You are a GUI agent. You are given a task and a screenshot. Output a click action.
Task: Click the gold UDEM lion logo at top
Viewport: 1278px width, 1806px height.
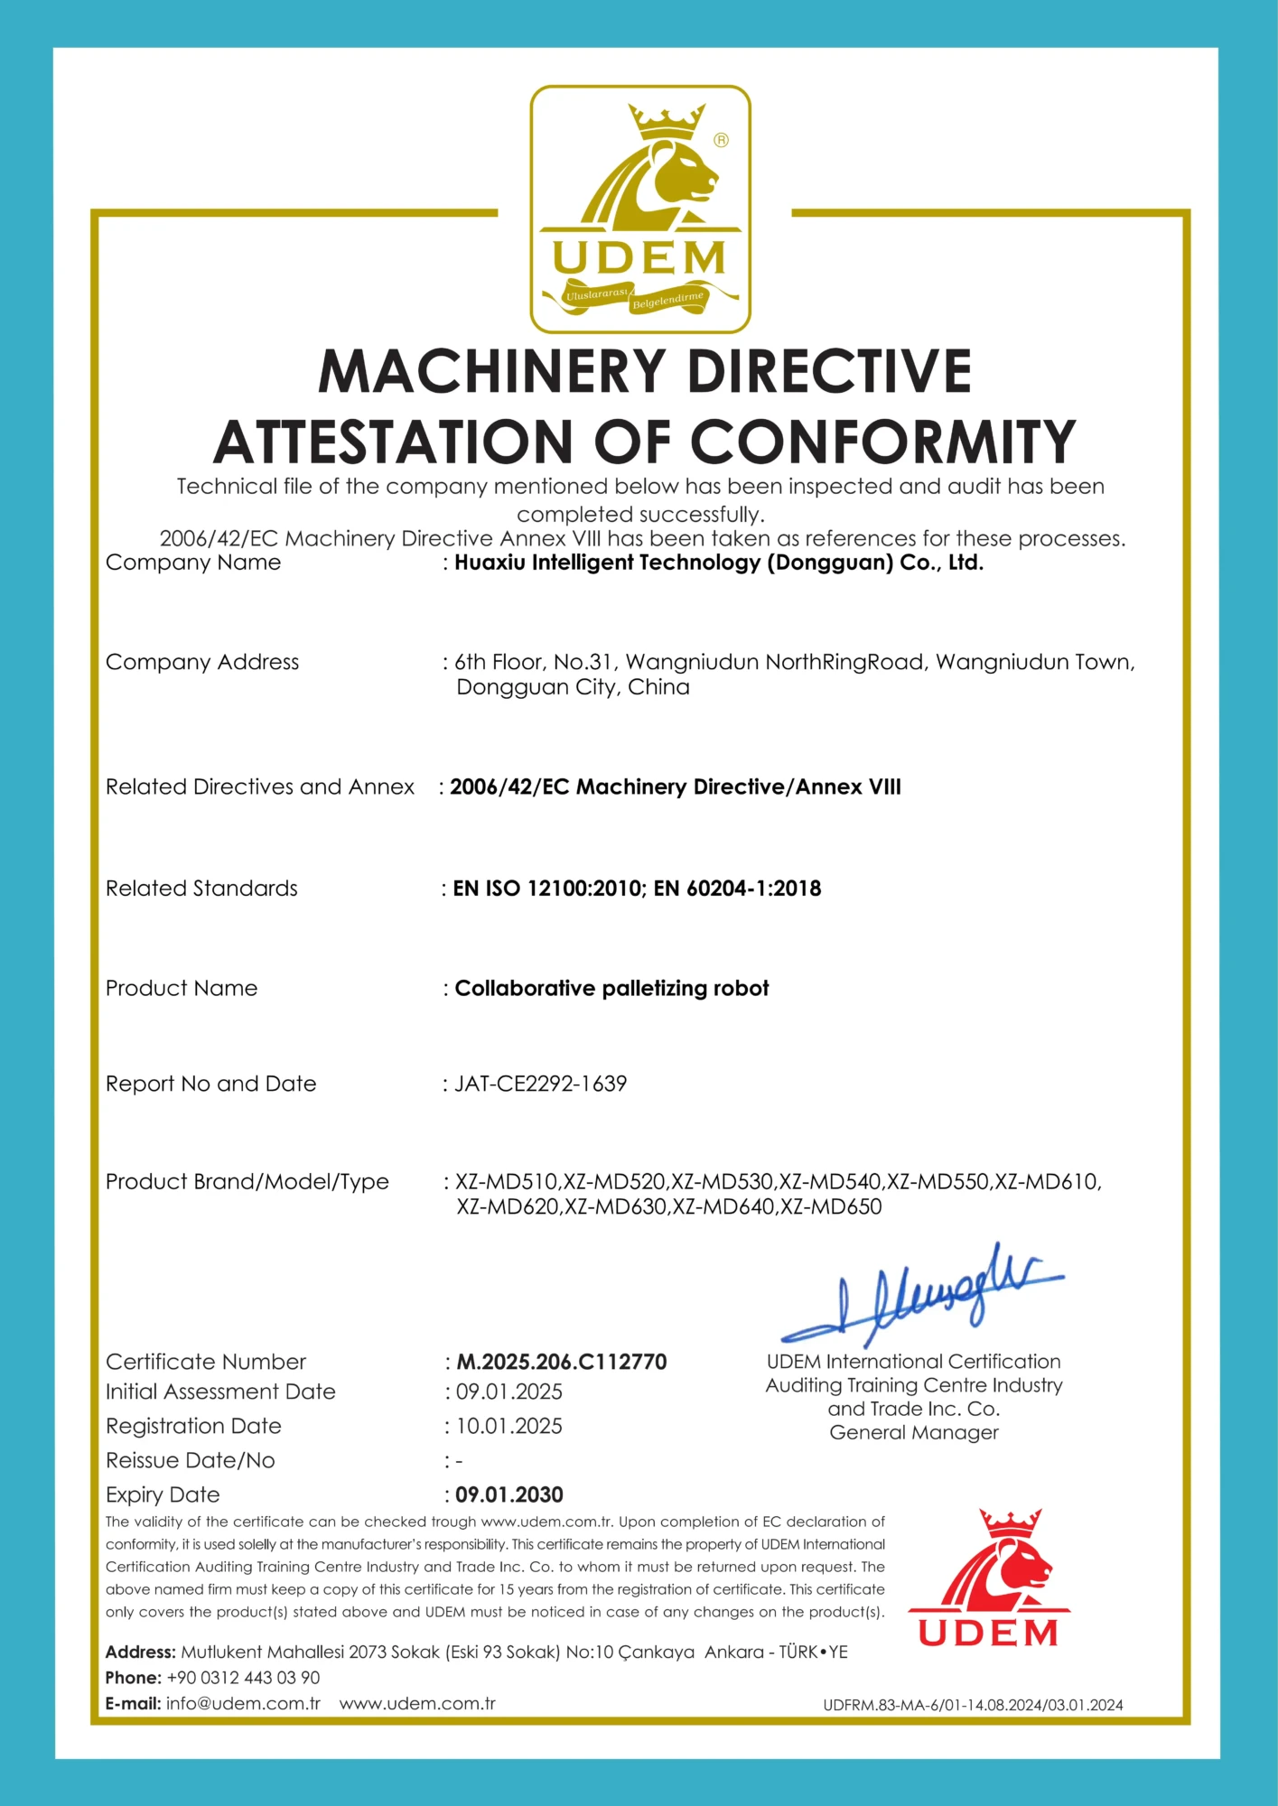coord(639,209)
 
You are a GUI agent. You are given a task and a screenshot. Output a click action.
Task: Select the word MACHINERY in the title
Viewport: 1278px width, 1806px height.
coord(491,372)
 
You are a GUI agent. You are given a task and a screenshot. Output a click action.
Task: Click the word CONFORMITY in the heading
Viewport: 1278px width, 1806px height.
coord(882,442)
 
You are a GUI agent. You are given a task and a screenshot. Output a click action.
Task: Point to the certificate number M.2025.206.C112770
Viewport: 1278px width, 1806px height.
coord(561,1362)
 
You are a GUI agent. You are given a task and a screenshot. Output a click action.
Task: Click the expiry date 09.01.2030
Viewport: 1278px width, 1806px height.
coord(509,1494)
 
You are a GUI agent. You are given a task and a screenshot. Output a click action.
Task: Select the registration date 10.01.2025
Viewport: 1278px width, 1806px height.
coord(509,1426)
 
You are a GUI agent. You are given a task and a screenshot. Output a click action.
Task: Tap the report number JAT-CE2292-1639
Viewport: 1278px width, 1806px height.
coord(540,1084)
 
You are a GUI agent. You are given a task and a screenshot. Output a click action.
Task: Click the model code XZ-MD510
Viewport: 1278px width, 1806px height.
coord(507,1181)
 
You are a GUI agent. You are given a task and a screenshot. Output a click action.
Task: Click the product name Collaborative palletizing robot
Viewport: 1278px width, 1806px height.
coord(611,988)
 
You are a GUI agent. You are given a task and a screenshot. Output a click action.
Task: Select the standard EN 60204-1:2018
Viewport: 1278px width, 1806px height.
coord(737,889)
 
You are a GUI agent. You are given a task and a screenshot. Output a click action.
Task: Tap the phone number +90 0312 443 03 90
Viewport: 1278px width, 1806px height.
coord(243,1678)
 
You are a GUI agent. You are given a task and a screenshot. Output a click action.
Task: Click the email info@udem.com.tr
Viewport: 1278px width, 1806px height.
coord(243,1704)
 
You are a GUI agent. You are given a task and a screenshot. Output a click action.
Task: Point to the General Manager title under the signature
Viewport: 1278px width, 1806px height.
coord(914,1432)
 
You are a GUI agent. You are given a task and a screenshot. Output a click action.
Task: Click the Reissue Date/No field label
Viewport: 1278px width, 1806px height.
coord(190,1460)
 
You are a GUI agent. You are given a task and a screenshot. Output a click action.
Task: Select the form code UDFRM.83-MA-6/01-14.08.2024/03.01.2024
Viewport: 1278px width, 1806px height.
coord(973,1705)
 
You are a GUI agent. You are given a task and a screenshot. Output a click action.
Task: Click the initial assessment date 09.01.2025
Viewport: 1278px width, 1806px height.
coord(509,1392)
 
